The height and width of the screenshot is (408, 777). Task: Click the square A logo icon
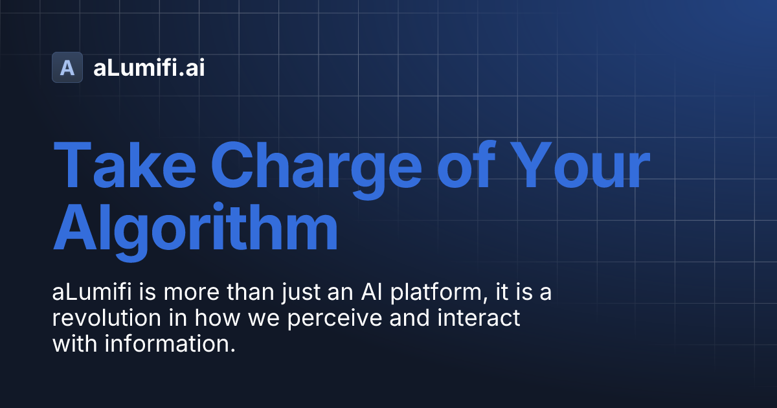[x=67, y=67]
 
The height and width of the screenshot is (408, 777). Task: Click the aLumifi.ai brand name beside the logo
[x=149, y=67]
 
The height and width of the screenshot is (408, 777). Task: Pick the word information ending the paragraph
[x=167, y=345]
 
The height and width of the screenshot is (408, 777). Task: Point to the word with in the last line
[x=73, y=345]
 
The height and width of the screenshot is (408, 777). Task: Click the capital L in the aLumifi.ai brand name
[x=109, y=67]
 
